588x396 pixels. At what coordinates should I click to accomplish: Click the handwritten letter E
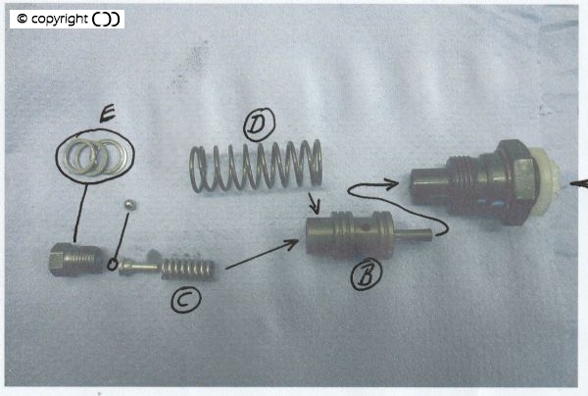coord(109,114)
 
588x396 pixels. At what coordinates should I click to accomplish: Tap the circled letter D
coord(259,124)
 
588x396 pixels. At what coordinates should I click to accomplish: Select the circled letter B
coord(367,274)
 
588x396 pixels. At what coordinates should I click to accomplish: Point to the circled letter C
coord(186,300)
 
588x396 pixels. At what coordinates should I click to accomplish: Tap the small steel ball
coord(130,205)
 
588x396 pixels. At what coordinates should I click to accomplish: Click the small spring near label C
coord(188,270)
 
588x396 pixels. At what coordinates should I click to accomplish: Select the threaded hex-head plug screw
coord(76,259)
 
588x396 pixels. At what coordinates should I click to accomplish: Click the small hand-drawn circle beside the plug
coord(112,265)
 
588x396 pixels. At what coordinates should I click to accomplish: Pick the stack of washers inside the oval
coord(96,158)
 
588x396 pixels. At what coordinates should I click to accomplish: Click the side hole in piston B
coord(363,228)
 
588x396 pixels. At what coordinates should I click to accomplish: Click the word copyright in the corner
coord(60,20)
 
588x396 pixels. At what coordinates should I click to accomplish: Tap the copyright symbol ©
coord(23,19)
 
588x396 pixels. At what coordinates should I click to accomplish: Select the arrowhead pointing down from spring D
coord(315,207)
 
